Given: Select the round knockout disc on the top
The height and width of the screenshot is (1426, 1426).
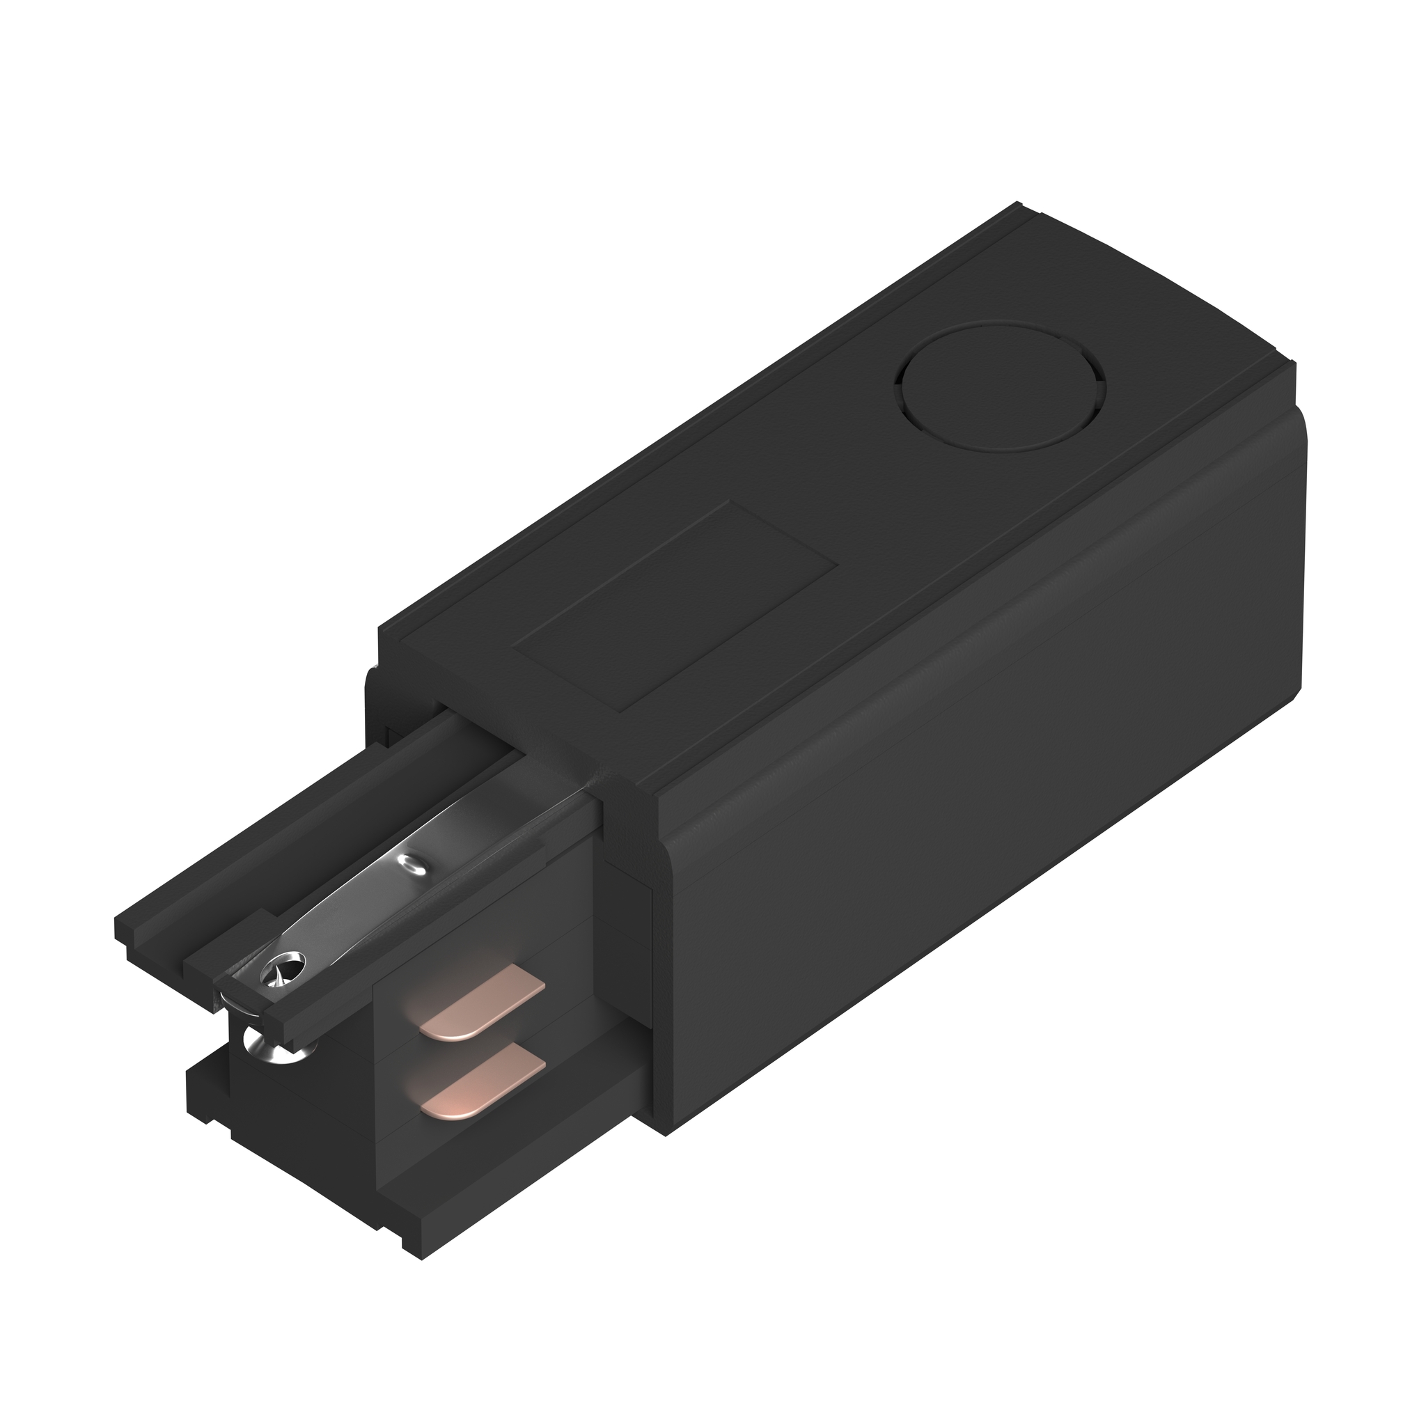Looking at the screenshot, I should tap(999, 385).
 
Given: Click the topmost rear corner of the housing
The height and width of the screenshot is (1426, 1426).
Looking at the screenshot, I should tap(1019, 204).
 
